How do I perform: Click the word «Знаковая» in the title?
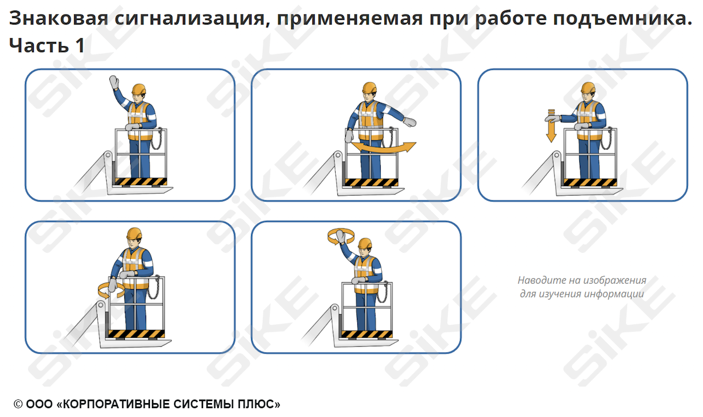59,18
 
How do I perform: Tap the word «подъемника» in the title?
622,19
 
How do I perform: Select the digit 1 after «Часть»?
80,45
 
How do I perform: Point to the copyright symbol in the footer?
18,404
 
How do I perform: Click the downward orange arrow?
551,126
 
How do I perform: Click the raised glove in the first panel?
114,83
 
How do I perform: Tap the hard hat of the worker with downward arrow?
588,88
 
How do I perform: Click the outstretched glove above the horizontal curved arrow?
409,122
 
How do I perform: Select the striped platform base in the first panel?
141,182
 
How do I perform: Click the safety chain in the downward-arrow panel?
606,138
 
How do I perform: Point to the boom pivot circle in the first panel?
108,155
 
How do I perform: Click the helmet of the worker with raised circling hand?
365,244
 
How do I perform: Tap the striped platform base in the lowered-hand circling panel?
136,334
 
